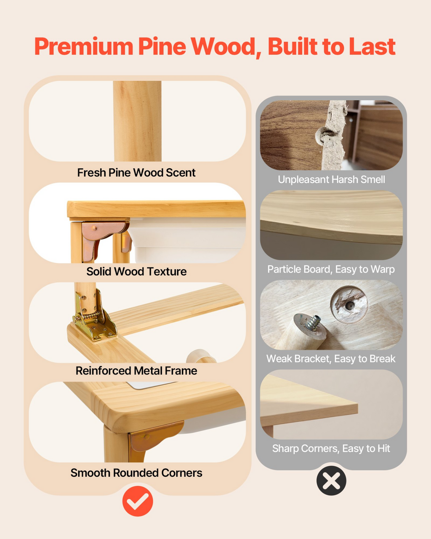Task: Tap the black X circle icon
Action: click(331, 480)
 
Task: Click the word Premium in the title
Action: click(84, 46)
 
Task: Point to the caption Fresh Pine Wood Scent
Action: click(136, 173)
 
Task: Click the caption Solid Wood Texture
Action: click(136, 272)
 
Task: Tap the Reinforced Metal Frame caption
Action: click(136, 371)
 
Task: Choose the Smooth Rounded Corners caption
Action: click(136, 473)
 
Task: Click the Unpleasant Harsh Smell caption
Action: click(331, 179)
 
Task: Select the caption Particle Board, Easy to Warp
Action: click(331, 269)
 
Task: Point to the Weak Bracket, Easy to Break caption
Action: click(331, 359)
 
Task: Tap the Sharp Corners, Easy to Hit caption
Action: click(331, 448)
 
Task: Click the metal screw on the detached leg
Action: click(313, 323)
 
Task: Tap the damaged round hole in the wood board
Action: click(349, 304)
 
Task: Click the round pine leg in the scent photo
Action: click(137, 121)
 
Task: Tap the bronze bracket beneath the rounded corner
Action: click(154, 437)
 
